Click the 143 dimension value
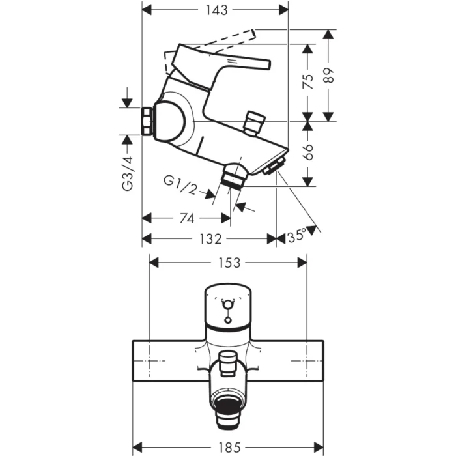pos(215,10)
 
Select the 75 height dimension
pos(310,81)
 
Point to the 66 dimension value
pos(310,153)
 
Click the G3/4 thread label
pos(128,173)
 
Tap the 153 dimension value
pos(228,263)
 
